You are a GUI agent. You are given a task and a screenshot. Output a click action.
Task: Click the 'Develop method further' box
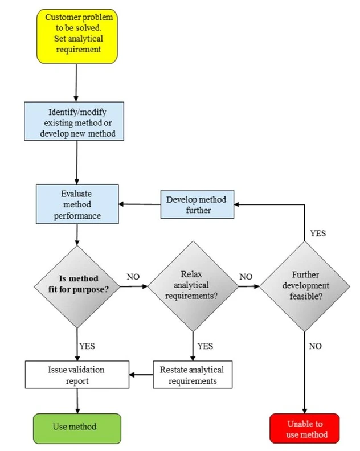click(197, 204)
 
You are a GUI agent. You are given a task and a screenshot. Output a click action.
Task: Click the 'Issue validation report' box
click(76, 375)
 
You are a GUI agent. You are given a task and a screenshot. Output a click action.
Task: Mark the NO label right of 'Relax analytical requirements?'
click(246, 277)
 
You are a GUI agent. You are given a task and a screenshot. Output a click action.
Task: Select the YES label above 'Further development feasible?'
click(318, 233)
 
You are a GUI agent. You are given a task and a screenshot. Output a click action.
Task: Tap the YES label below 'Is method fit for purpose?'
click(87, 345)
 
